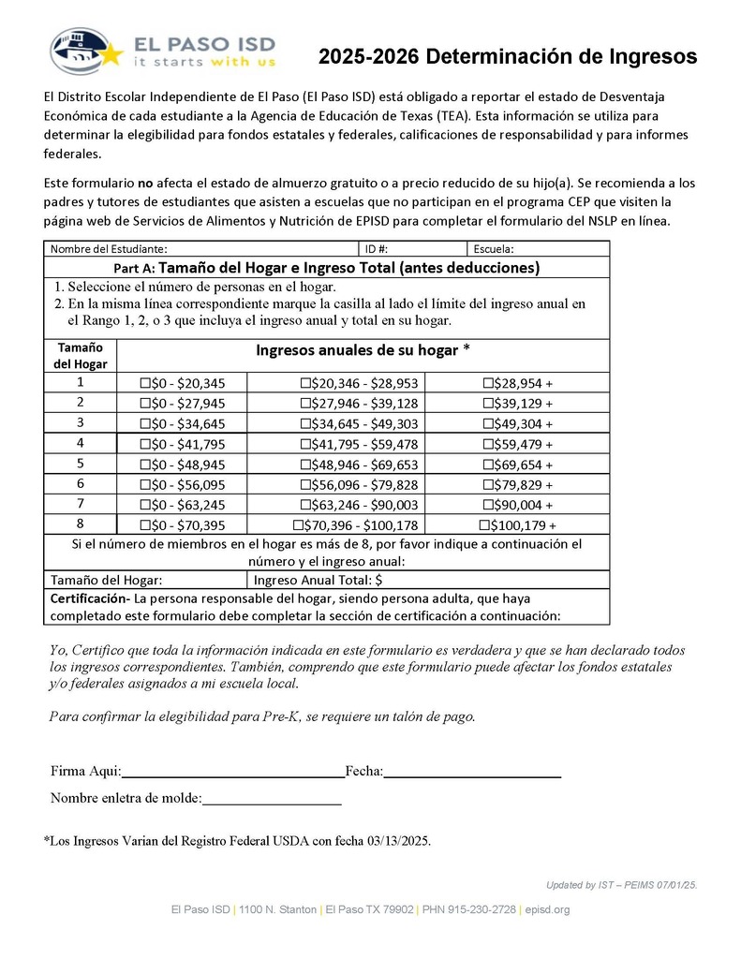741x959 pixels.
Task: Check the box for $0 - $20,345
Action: (x=145, y=383)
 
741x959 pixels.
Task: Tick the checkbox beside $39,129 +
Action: (x=488, y=404)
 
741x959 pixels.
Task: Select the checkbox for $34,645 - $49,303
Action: (x=306, y=423)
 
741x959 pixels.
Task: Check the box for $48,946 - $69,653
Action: (x=306, y=465)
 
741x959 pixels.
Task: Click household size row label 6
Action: (x=81, y=484)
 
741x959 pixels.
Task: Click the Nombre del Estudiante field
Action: (x=262, y=249)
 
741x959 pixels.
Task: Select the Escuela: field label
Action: (x=494, y=249)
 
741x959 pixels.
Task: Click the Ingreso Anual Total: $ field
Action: (x=319, y=580)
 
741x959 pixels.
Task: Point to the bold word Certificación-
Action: (x=89, y=598)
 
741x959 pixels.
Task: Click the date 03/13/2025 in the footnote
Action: (x=397, y=841)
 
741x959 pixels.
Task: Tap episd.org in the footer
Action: (x=547, y=909)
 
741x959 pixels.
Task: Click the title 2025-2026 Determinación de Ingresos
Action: (x=507, y=57)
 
